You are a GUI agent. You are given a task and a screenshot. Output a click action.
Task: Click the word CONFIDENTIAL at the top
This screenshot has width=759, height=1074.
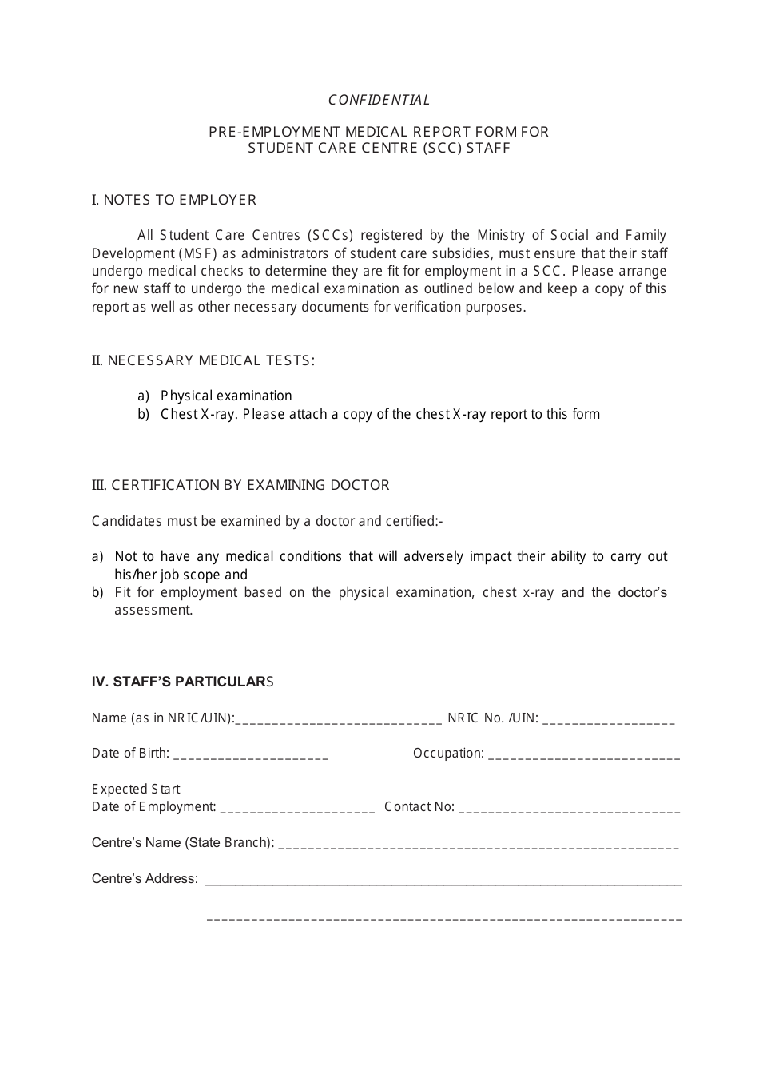[x=379, y=100]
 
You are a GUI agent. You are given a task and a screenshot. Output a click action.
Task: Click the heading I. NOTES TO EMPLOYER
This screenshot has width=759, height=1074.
[x=174, y=200]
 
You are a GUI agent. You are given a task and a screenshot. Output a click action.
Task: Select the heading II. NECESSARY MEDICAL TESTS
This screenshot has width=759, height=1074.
[x=204, y=360]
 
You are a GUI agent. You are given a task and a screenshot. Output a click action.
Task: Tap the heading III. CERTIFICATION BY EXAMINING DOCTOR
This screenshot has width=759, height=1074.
[x=240, y=485]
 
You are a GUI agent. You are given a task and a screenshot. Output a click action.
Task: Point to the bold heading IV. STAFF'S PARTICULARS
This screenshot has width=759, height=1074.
[x=183, y=682]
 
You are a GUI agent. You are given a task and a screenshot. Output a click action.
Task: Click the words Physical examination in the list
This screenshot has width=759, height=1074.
[x=226, y=396]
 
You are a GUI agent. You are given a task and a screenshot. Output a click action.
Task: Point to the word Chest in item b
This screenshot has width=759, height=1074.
[x=179, y=414]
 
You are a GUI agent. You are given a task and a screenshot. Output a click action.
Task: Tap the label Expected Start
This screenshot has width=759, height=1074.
[x=136, y=789]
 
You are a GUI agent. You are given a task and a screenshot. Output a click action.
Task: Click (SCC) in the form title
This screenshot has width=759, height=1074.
[x=443, y=148]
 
